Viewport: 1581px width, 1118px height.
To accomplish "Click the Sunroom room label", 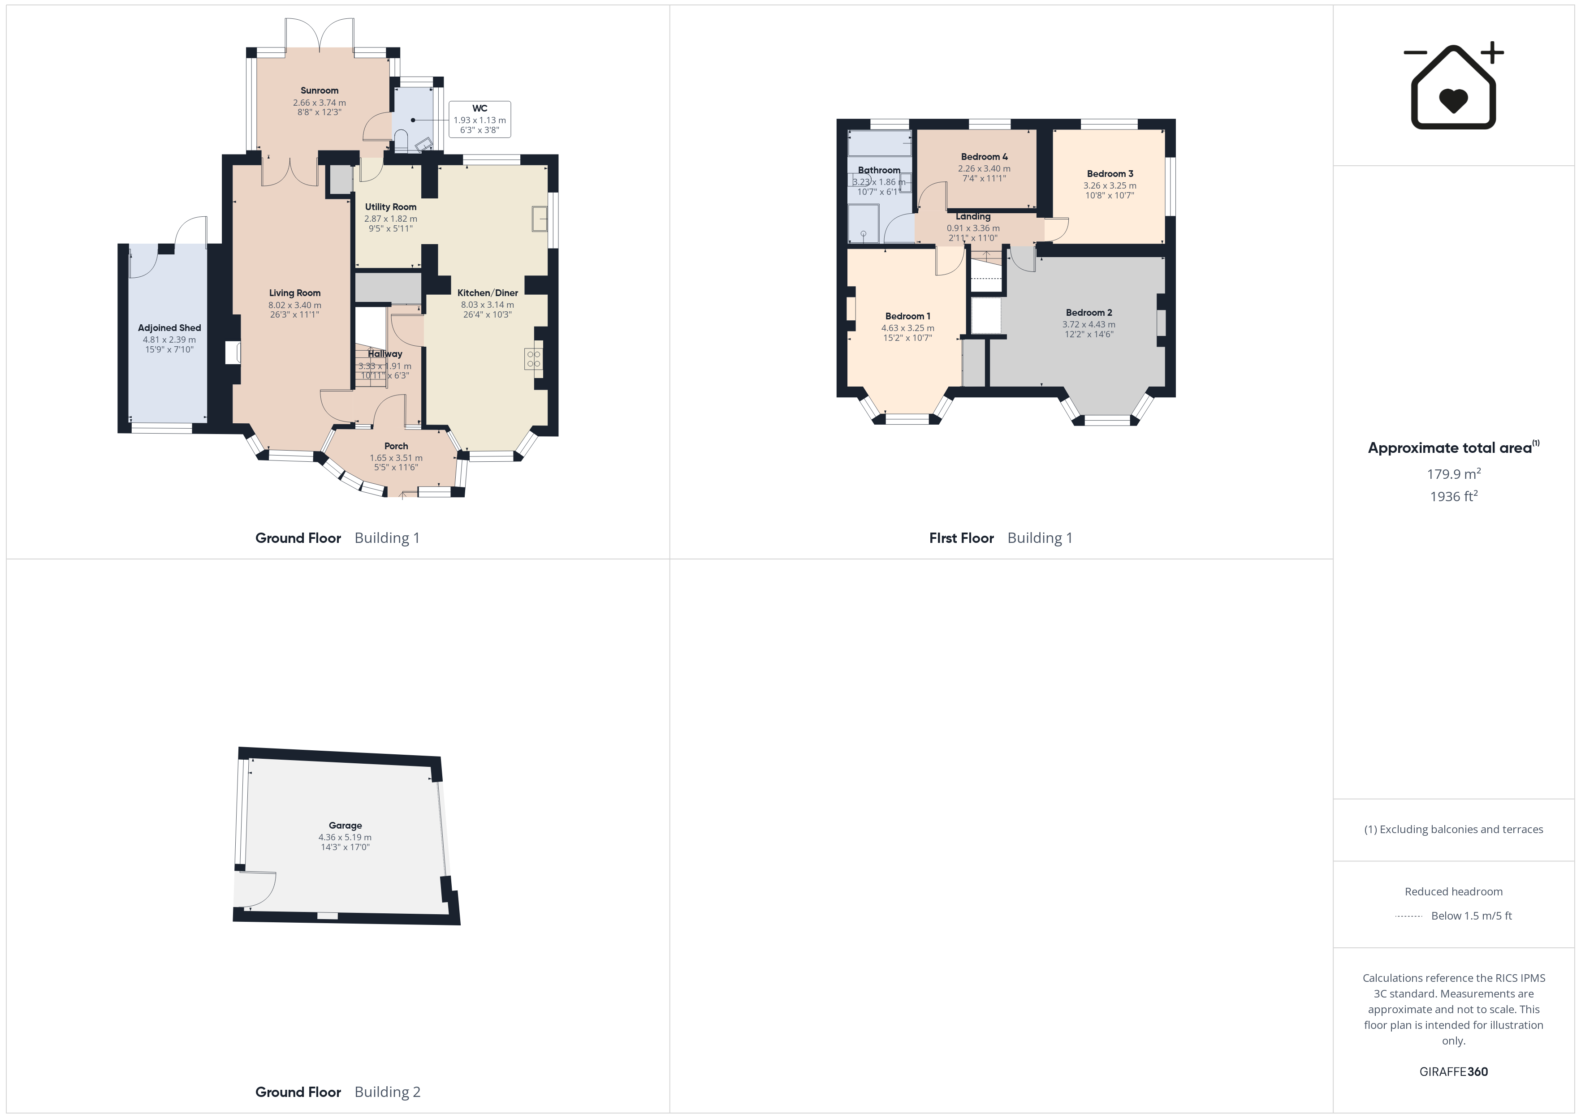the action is click(x=320, y=90).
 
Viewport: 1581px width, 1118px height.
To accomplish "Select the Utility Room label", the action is click(x=390, y=206).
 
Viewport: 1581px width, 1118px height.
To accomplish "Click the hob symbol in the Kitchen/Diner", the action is click(x=534, y=359).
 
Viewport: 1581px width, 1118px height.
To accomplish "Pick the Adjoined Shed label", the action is click(x=169, y=328).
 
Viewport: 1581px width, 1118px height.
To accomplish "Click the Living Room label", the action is click(x=295, y=292).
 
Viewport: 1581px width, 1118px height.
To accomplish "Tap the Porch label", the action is click(x=396, y=446).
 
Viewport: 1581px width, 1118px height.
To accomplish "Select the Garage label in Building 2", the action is click(x=345, y=825).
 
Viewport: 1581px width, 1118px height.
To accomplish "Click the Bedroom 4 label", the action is click(x=984, y=156).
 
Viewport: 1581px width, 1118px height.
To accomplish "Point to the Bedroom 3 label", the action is click(x=1110, y=173).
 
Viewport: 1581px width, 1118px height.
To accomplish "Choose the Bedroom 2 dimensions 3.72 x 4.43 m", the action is click(x=1089, y=324).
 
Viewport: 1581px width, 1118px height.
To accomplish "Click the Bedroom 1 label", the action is click(x=907, y=316).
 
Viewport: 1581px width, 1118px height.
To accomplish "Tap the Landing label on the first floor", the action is click(x=973, y=216).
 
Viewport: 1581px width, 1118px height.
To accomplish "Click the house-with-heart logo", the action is click(x=1454, y=86).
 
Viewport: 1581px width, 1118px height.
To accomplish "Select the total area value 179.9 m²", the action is click(x=1454, y=473).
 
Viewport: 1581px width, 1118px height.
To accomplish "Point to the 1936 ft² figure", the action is click(x=1454, y=496).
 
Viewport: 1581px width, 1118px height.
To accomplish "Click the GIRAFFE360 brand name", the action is click(x=1454, y=1072).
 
